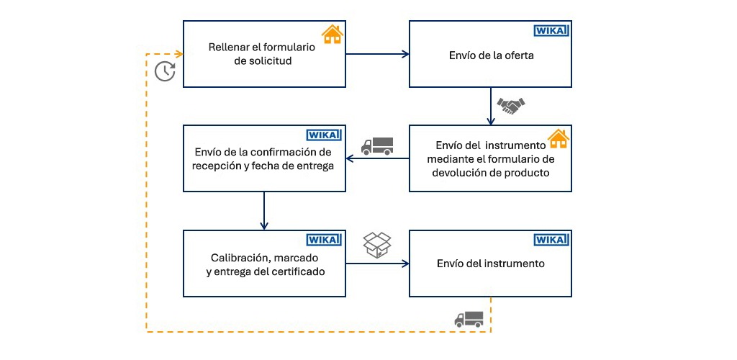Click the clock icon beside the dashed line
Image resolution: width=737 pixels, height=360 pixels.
pyautogui.click(x=165, y=71)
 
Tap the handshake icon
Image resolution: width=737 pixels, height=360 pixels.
pyautogui.click(x=511, y=106)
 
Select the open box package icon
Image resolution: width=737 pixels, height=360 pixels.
pyautogui.click(x=377, y=245)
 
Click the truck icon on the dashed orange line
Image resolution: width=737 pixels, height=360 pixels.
pyautogui.click(x=469, y=319)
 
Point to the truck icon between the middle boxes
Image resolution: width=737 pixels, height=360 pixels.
pyautogui.click(x=377, y=145)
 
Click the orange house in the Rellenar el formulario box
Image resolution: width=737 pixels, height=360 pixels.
pyautogui.click(x=332, y=34)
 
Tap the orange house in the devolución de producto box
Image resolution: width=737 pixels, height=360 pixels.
pyautogui.click(x=559, y=138)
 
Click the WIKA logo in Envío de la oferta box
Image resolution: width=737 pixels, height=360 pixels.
pyautogui.click(x=551, y=30)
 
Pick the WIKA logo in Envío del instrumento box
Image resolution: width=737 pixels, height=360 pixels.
pyautogui.click(x=551, y=240)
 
